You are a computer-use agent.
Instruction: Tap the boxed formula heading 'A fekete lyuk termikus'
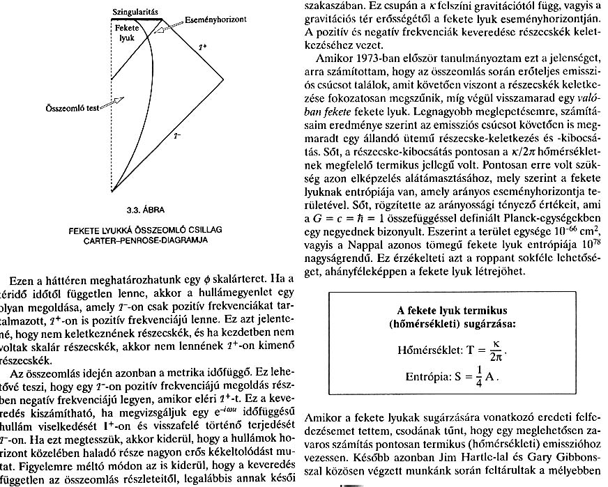click(x=451, y=308)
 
